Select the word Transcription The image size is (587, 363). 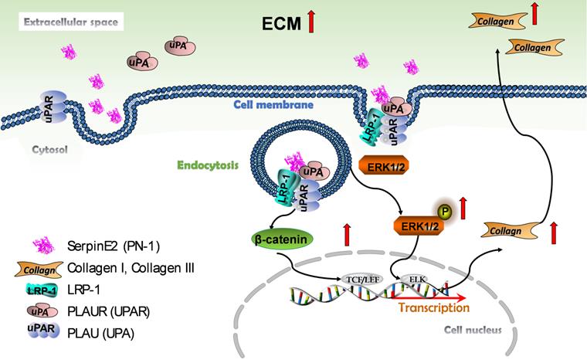433,308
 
